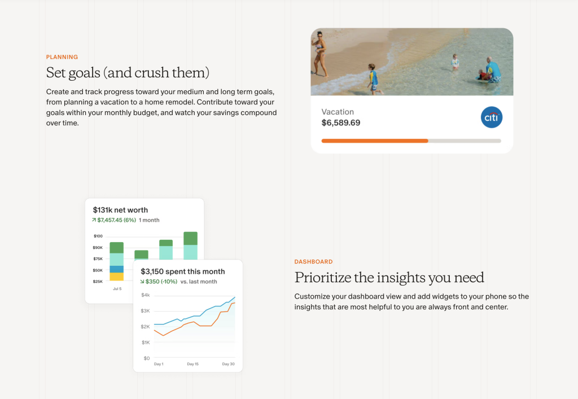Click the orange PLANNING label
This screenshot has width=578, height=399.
(62, 57)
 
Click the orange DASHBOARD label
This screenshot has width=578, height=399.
(313, 261)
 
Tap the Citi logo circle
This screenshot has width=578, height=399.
(492, 117)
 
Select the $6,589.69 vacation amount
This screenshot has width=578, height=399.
(340, 122)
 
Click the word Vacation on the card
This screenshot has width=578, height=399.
(338, 112)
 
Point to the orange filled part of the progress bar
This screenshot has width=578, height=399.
(375, 141)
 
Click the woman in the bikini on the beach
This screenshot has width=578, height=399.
(319, 54)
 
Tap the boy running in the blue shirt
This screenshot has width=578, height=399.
(374, 79)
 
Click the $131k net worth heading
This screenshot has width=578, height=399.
(120, 210)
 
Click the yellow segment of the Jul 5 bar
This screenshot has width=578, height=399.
(116, 277)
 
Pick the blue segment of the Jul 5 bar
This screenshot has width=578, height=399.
(116, 269)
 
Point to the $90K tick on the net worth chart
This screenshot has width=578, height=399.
(98, 248)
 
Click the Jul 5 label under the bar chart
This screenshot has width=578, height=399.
(117, 289)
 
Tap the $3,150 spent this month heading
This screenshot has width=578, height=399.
(183, 271)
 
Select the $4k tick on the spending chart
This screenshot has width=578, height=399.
(146, 295)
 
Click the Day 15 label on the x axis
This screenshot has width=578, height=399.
(193, 364)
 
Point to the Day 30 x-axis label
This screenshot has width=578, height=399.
(228, 364)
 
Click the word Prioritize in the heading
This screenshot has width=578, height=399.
(323, 278)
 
